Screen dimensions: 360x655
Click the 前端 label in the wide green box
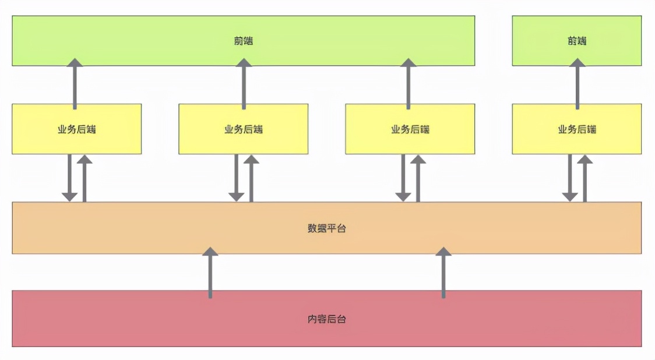click(244, 41)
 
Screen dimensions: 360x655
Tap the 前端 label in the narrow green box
click(577, 41)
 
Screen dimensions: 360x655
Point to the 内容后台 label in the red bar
click(327, 319)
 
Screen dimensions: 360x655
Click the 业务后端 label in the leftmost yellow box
click(76, 129)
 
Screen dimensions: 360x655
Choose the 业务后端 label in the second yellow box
click(244, 129)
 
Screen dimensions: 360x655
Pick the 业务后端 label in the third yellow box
click(410, 129)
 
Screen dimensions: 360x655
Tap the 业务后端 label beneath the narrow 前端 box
click(577, 129)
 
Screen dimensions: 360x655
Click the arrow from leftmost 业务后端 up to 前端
click(75, 84)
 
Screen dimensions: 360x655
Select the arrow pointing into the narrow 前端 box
click(577, 84)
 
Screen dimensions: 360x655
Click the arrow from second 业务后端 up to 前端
click(244, 84)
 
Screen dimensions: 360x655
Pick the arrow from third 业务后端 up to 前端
click(409, 84)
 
